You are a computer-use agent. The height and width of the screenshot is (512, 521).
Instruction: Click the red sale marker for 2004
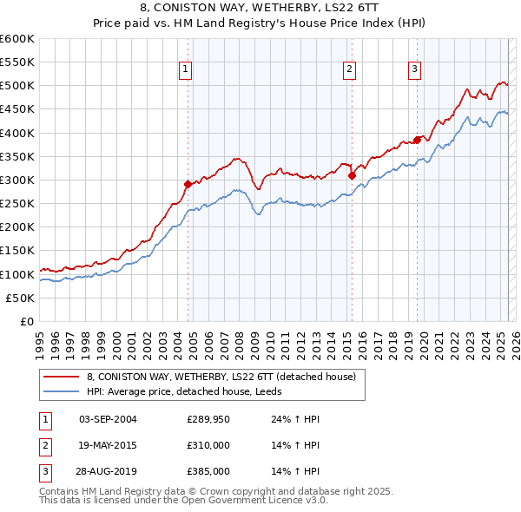tap(188, 184)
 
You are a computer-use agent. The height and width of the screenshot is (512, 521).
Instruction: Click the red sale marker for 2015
tap(353, 174)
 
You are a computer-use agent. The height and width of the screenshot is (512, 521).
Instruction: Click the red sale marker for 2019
tap(418, 139)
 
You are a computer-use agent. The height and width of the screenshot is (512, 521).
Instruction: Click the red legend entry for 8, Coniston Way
tap(221, 377)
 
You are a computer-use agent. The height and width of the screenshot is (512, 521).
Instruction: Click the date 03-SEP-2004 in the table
tap(108, 419)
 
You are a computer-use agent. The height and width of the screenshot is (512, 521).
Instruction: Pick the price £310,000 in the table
tap(208, 445)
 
